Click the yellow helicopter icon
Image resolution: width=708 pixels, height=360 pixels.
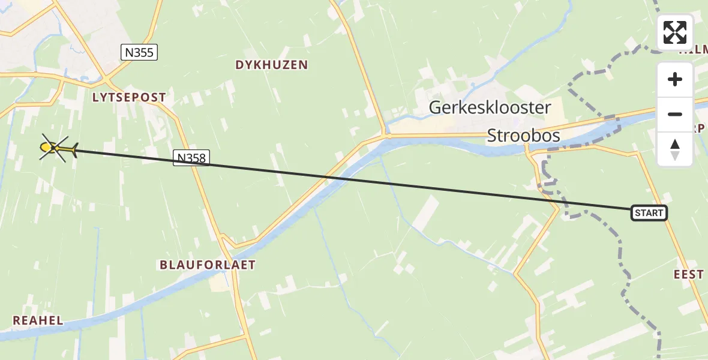coord(58,148)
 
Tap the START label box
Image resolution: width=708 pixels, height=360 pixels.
coord(649,213)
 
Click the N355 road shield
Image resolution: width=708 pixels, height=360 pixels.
coord(139,53)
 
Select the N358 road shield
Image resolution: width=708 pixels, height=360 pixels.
coord(191,158)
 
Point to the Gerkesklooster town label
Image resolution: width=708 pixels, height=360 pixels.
coord(490,108)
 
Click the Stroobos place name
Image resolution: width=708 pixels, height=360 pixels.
coord(524,136)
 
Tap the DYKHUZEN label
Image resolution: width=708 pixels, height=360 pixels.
coord(272,65)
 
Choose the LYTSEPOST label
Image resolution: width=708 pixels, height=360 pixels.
coord(129,97)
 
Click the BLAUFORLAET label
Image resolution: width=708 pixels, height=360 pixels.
coord(207,265)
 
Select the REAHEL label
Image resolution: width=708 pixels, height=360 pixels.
coord(38,320)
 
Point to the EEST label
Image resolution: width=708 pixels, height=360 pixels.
coord(688,274)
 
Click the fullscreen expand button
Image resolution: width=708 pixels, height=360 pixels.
coord(675,32)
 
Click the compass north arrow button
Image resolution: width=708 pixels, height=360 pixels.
coord(675,149)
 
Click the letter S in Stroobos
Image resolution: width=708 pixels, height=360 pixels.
coord(492,136)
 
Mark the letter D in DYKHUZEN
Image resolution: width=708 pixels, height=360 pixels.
coord(239,65)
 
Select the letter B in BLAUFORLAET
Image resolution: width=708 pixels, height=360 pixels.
coord(163,265)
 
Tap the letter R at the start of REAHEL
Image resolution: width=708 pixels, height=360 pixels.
coord(16,320)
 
